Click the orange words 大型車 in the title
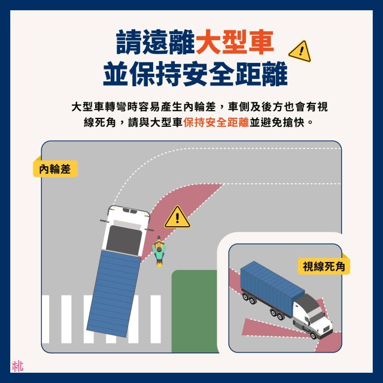[235, 42]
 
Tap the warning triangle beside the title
[300, 51]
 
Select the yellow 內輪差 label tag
[55, 169]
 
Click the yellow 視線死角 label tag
[324, 266]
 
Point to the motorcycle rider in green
[159, 251]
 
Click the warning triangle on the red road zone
[177, 217]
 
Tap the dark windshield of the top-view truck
[124, 240]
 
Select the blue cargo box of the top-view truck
[114, 294]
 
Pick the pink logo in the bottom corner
[17, 366]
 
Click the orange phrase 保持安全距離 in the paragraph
[216, 122]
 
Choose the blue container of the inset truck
[272, 286]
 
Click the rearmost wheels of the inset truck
[248, 298]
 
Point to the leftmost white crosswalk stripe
[45, 319]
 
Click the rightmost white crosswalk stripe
[156, 319]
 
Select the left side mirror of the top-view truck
[104, 221]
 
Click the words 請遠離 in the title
[156, 42]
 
